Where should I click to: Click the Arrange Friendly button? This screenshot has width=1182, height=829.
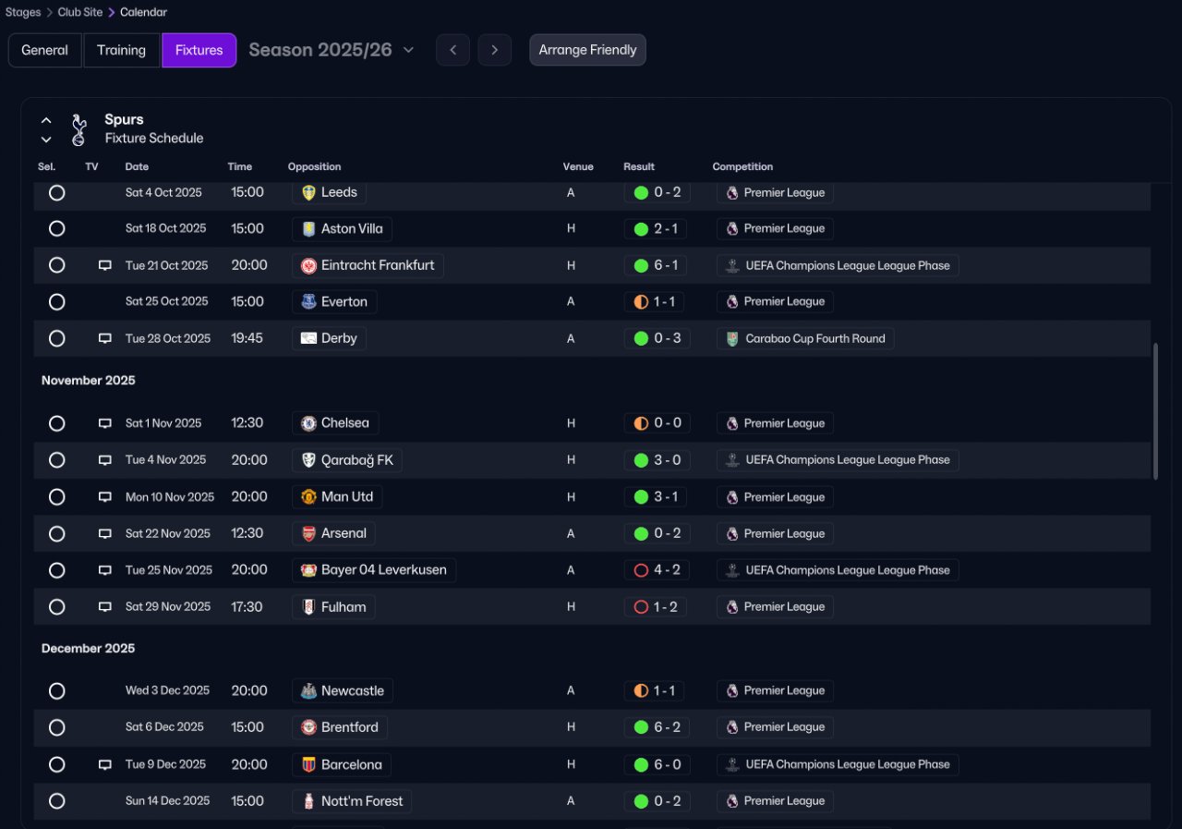click(587, 50)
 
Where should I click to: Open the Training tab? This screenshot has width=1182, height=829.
click(122, 50)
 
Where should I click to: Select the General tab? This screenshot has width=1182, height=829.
click(44, 50)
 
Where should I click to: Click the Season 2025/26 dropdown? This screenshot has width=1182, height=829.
click(332, 50)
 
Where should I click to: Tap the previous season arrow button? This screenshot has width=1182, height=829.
click(452, 50)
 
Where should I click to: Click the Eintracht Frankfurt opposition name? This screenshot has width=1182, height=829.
click(377, 265)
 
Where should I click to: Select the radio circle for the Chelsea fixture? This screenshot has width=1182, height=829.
click(57, 423)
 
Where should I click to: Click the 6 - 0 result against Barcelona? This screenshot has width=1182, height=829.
click(657, 764)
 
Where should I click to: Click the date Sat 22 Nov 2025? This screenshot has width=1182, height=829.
click(168, 533)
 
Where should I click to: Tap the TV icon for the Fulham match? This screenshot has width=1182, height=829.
click(105, 607)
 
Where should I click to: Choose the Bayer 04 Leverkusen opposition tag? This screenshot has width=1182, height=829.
click(374, 570)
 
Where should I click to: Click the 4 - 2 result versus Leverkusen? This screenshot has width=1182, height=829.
click(657, 570)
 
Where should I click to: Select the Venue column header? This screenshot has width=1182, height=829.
click(578, 167)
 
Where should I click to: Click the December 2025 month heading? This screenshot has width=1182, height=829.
click(89, 649)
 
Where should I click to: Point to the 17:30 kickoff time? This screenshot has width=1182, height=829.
click(247, 607)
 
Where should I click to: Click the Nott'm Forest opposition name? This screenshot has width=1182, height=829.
click(361, 801)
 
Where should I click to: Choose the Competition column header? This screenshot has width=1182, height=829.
click(742, 167)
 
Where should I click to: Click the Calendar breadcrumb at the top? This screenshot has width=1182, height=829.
click(143, 13)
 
